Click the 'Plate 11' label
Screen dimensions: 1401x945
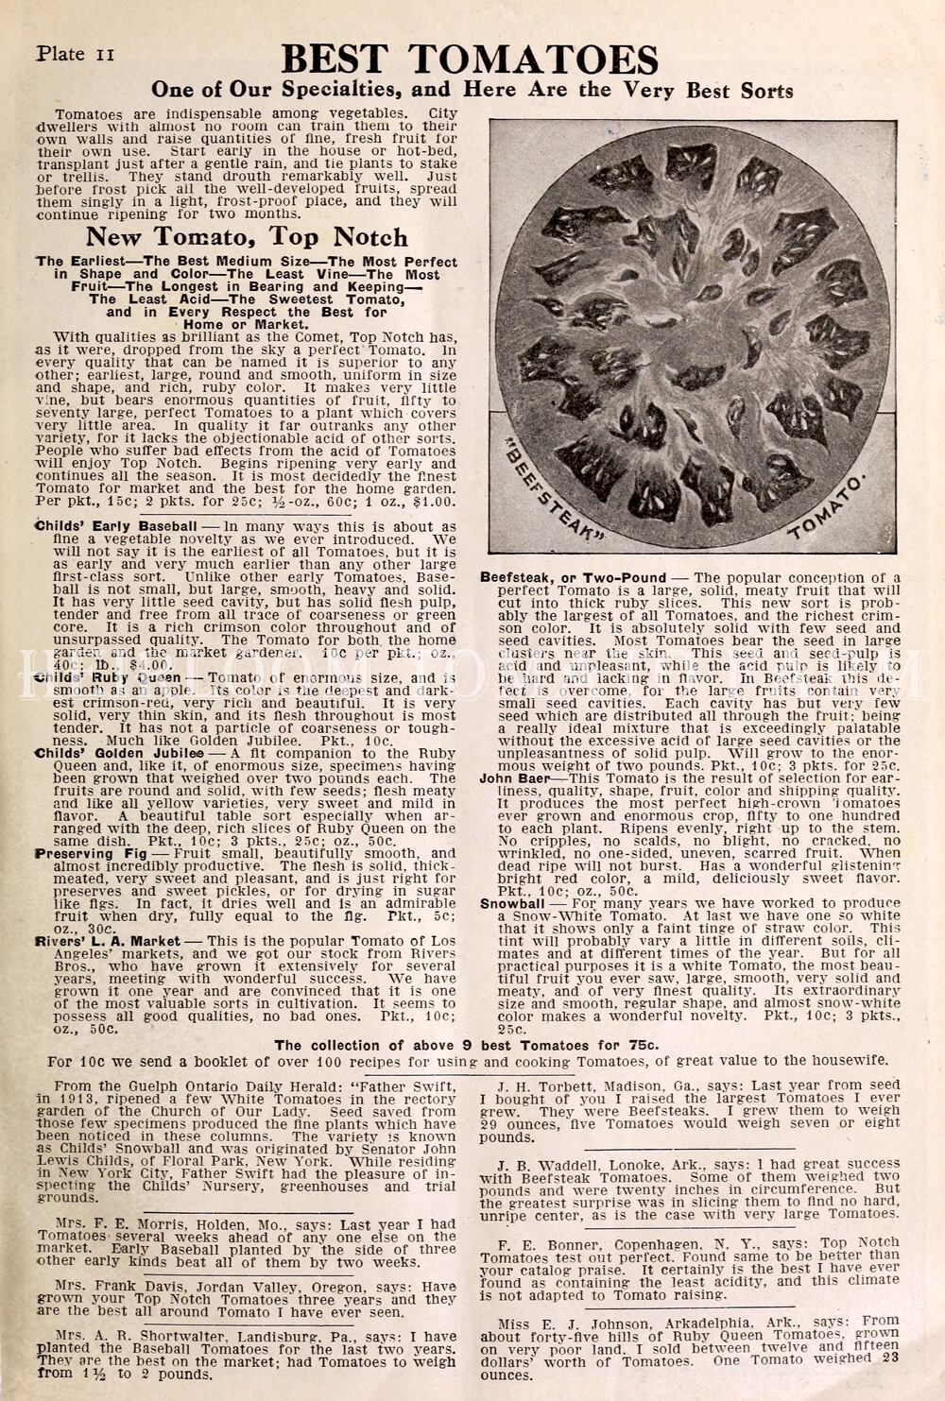pyautogui.click(x=75, y=54)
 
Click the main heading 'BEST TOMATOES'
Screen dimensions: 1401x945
pyautogui.click(x=470, y=60)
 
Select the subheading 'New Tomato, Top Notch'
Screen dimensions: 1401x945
pyautogui.click(x=247, y=236)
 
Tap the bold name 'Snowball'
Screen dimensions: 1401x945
pyautogui.click(x=512, y=903)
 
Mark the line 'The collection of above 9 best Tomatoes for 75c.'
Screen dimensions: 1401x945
pyautogui.click(x=466, y=1045)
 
